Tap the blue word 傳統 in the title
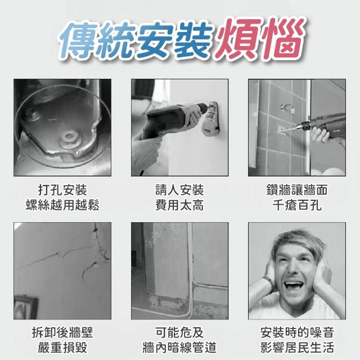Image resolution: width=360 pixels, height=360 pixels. [96, 39]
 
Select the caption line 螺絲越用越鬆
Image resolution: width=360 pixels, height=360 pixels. [62, 205]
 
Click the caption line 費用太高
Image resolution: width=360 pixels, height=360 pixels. [179, 205]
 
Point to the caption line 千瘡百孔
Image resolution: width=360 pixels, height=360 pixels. [297, 205]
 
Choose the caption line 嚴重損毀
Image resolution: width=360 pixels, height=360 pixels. [62, 348]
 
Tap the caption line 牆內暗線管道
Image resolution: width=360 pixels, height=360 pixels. [179, 348]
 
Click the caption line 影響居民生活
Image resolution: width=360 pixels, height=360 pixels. [297, 348]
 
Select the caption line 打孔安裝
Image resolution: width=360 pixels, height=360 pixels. [62, 190]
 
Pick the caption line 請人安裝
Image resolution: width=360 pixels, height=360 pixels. [179, 190]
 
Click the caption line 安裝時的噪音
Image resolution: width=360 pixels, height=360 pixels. [297, 332]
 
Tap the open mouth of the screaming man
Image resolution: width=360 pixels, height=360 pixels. [294, 287]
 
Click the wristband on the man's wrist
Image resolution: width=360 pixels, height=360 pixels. [268, 281]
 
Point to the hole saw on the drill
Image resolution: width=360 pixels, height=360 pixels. [210, 119]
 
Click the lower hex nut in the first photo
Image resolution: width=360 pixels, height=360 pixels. [69, 138]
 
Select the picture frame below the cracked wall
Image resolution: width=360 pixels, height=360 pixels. [26, 307]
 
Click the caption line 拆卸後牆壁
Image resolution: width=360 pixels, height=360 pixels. [62, 332]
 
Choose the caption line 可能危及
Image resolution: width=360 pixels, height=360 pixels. [179, 332]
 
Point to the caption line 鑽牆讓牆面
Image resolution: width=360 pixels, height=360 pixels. [297, 190]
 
